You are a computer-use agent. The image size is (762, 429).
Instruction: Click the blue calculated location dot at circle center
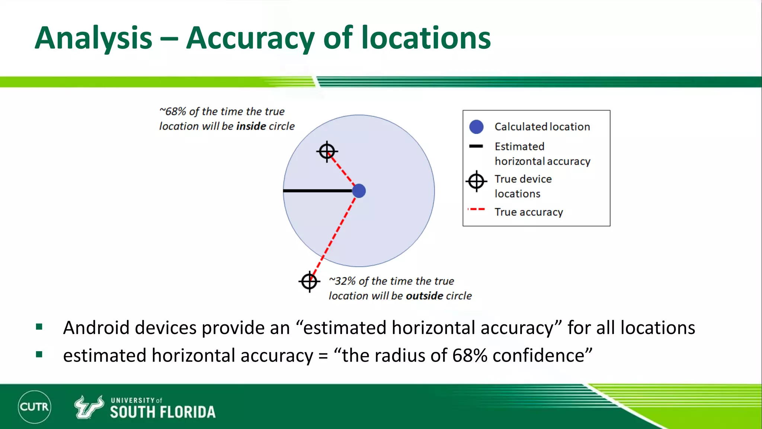[359, 191]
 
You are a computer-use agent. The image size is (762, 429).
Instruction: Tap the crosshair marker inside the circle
[327, 152]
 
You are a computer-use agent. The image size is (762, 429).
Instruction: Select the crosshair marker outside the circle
[309, 282]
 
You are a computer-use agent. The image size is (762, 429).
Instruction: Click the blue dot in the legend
[476, 127]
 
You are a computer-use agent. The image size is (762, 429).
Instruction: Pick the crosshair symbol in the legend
[476, 181]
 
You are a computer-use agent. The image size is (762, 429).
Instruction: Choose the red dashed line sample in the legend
[476, 210]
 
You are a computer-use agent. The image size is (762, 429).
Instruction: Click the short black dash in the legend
[476, 146]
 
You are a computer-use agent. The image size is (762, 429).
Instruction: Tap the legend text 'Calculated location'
[542, 127]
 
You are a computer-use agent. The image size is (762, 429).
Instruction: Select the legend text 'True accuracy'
[528, 212]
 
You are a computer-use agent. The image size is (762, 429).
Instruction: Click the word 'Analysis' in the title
[93, 38]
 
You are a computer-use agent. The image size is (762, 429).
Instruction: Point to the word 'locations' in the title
[426, 38]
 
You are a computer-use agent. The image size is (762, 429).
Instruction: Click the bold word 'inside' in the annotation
[251, 126]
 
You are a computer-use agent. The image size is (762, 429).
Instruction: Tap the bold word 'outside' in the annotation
[424, 296]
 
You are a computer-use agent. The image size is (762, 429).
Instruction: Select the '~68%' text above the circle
[173, 111]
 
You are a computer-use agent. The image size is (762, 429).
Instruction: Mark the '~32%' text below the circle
[342, 281]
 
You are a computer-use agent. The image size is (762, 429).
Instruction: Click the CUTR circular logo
[35, 407]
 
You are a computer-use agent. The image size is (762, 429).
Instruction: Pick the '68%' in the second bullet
[470, 356]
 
